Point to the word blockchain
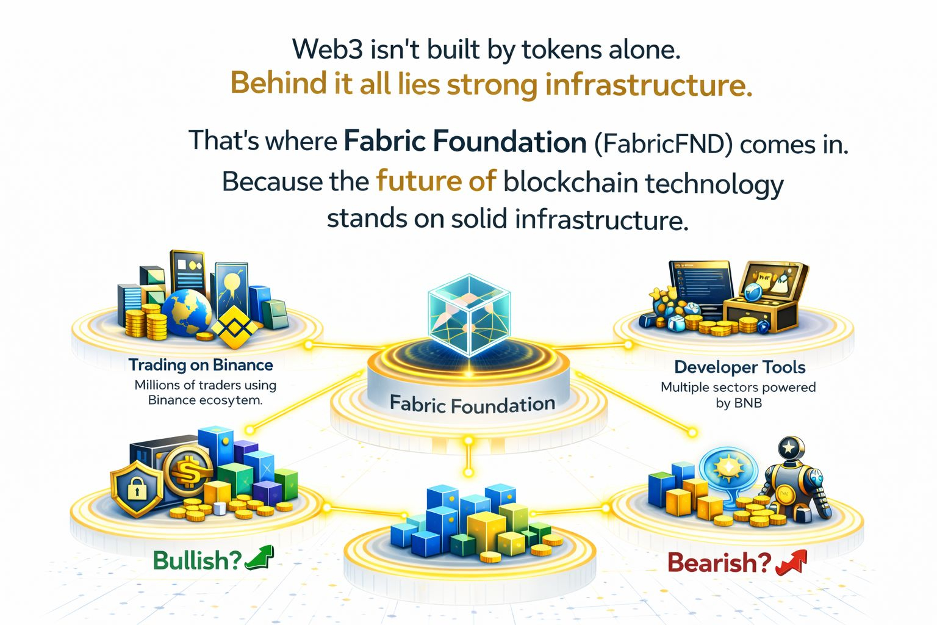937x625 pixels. tap(571, 182)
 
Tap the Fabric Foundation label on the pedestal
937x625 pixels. tap(472, 404)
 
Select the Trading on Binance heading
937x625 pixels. tap(201, 365)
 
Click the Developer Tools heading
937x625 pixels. tap(739, 367)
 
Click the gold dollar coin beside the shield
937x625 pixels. tap(187, 471)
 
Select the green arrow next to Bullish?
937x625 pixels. tap(260, 558)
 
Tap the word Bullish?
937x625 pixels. tap(196, 560)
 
